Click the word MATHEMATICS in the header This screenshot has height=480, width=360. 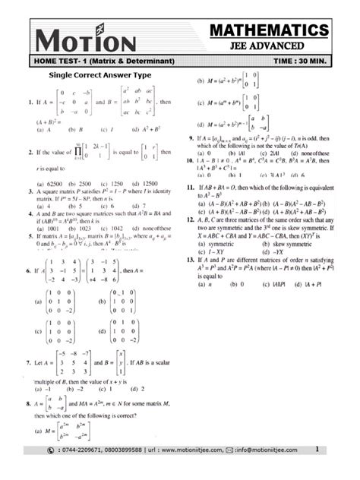pyautogui.click(x=271, y=30)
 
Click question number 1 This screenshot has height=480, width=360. pyautogui.click(x=28, y=100)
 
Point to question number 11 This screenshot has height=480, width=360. pyautogui.click(x=189, y=187)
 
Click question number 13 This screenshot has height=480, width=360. pyautogui.click(x=189, y=259)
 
